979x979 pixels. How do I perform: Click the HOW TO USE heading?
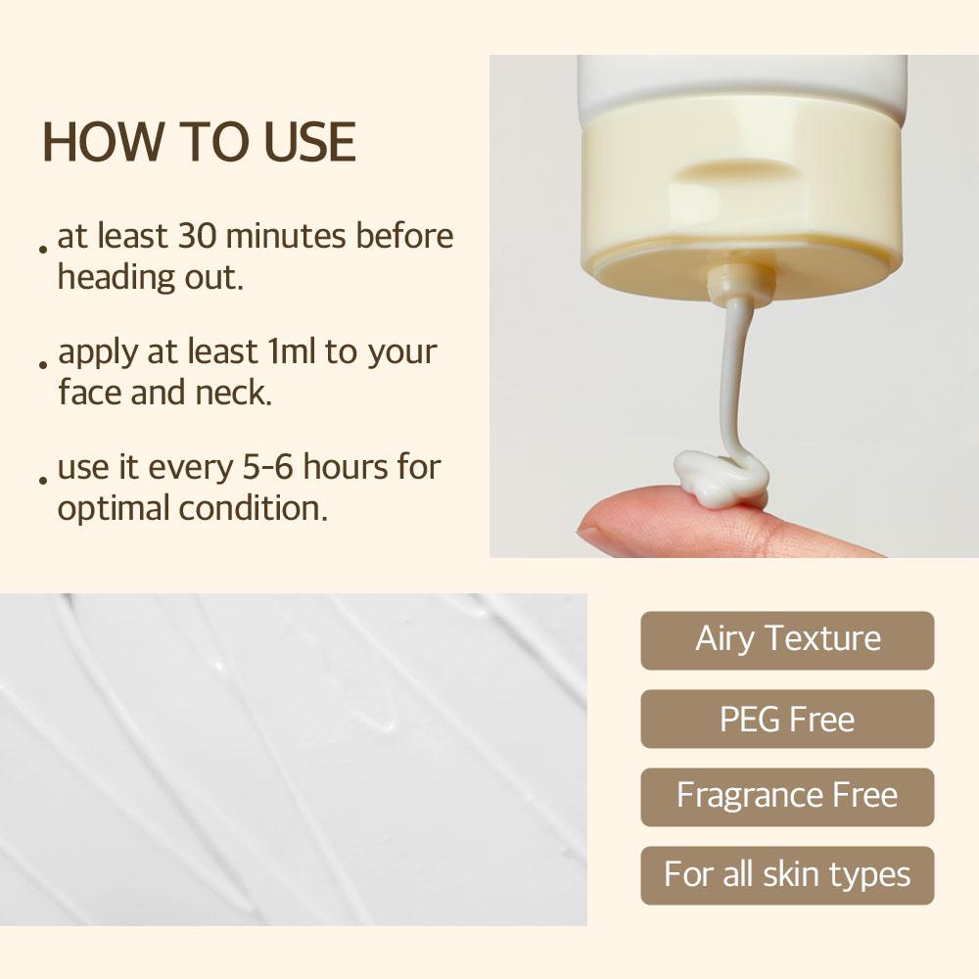point(199,142)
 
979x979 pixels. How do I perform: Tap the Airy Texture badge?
point(787,639)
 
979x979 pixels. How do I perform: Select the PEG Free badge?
point(787,720)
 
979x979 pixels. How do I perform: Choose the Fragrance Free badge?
point(787,796)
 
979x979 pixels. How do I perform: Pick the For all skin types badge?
point(787,874)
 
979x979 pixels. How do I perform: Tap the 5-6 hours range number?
point(266,468)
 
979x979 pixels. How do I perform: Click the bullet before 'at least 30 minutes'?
point(44,249)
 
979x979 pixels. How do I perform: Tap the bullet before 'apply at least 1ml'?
point(44,364)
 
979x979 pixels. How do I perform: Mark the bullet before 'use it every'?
point(44,480)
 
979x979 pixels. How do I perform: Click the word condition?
point(253,509)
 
